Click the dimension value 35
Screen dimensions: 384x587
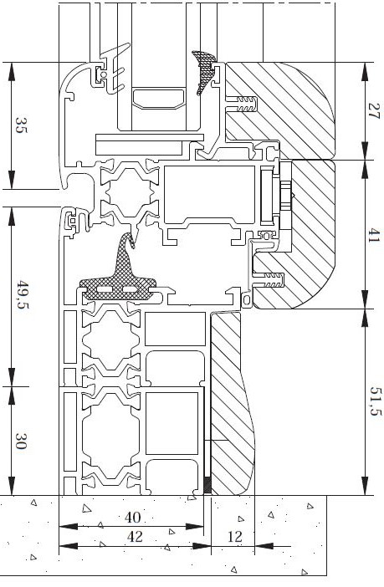[x=22, y=125]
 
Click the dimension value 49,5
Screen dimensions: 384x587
[x=23, y=296]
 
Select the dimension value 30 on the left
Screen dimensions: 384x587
[x=21, y=441]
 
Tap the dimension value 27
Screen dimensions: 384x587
[x=373, y=111]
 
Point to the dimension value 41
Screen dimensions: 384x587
[x=373, y=236]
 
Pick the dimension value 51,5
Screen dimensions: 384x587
[x=375, y=401]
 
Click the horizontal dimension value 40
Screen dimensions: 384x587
[x=132, y=518]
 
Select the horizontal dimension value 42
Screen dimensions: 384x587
[x=135, y=537]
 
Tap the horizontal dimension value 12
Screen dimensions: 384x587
[x=234, y=537]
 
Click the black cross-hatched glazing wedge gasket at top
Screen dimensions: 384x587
[x=204, y=70]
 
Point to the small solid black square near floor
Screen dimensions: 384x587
[x=207, y=486]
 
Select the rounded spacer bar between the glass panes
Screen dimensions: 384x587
[x=158, y=99]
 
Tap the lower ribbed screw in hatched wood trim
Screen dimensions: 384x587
[x=269, y=280]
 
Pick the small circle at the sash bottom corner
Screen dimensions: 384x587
[x=247, y=300]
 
